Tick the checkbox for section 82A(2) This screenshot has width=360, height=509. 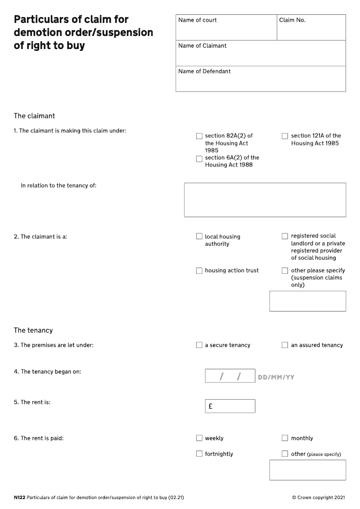point(199,136)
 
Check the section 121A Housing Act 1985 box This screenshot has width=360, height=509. point(285,136)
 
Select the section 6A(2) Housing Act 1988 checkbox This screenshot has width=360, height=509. point(199,159)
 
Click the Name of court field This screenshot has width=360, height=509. point(226,28)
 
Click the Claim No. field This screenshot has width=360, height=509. point(311,28)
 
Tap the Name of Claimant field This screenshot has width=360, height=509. point(261,54)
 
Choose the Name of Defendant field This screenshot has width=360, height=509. point(261,79)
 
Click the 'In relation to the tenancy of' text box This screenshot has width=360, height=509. point(265,200)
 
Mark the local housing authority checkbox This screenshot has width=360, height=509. point(199,236)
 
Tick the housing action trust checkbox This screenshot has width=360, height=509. point(199,270)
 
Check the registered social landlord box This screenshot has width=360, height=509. point(285,236)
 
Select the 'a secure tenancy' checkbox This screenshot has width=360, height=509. point(199,345)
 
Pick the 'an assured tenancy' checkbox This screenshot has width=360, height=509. point(285,345)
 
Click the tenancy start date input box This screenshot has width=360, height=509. point(230,376)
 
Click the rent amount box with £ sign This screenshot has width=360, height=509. point(230,406)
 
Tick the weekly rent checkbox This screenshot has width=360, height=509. point(199,438)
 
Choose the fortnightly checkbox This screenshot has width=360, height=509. point(199,454)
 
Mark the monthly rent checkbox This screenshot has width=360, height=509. point(285,438)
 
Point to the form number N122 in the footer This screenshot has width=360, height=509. point(19,498)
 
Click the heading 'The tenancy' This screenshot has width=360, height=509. point(33,330)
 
